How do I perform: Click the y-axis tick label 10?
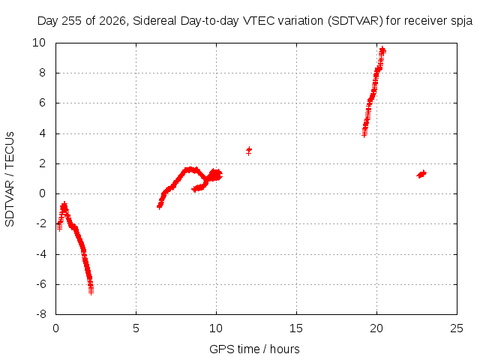tap(39, 43)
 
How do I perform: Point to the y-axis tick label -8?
tap(40, 313)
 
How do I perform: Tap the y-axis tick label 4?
tap(42, 133)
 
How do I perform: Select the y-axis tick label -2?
tap(40, 223)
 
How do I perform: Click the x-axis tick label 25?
tap(457, 328)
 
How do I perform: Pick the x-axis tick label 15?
tap(296, 328)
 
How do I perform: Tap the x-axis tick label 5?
tap(136, 328)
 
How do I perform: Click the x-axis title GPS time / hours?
tap(254, 349)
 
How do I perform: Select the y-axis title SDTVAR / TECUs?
tap(10, 179)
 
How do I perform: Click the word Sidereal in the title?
tap(154, 21)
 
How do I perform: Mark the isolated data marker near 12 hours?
tap(249, 151)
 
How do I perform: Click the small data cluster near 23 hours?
tap(421, 174)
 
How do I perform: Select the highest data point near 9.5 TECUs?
tap(382, 50)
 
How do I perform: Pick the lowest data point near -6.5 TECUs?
tap(91, 291)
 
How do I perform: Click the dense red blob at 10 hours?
tap(215, 175)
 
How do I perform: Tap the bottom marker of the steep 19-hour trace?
tap(364, 134)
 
